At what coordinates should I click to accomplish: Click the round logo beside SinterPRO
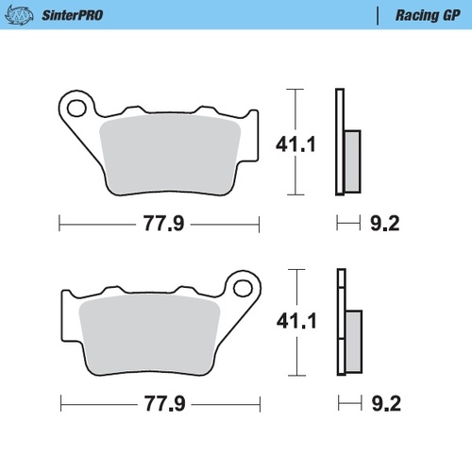[x=21, y=16]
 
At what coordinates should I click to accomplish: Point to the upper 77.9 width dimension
[x=159, y=224]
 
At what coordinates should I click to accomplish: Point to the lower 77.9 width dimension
[x=159, y=403]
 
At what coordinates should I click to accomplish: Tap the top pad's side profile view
[x=345, y=142]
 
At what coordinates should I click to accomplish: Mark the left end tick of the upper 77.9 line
[x=59, y=224]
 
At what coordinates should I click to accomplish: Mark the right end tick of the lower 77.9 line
[x=259, y=403]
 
